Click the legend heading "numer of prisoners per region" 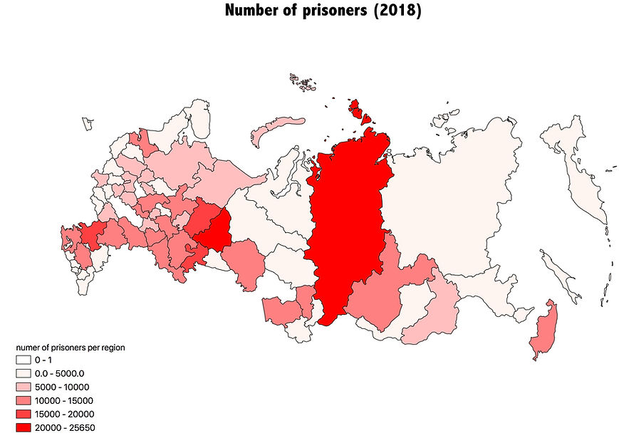pos(71,348)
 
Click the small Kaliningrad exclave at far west pos(87,124)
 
